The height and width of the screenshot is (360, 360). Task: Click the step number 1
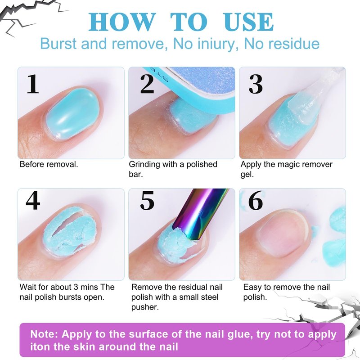33,84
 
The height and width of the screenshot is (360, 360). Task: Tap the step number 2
147,84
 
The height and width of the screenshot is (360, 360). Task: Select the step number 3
256,84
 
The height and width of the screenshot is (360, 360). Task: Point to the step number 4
33,201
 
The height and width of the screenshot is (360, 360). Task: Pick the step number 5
147,201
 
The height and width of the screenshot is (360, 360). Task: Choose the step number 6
256,201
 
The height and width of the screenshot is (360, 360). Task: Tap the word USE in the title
249,22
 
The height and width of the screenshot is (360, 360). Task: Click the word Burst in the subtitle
58,44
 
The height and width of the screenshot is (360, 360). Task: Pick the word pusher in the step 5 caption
145,307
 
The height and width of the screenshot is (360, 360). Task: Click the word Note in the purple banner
44,334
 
